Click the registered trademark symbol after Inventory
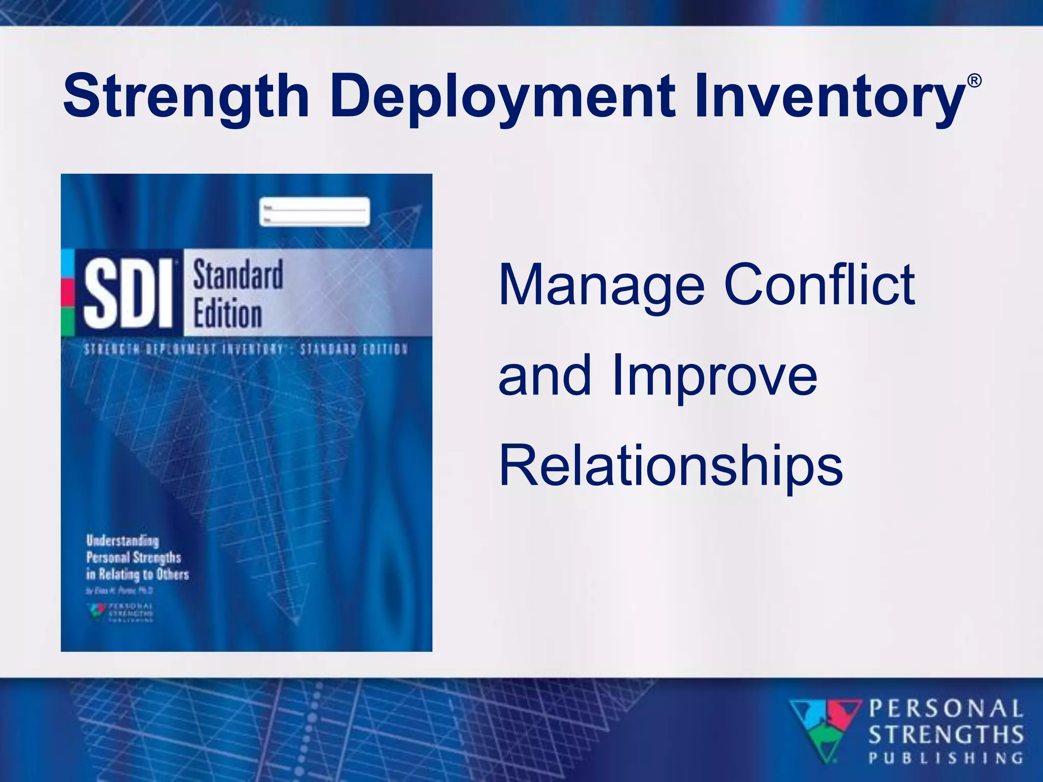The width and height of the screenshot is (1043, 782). click(974, 81)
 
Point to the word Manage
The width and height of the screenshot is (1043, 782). click(601, 286)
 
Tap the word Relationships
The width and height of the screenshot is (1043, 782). click(670, 466)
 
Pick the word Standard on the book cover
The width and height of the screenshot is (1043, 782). click(238, 275)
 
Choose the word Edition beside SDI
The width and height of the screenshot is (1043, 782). click(227, 314)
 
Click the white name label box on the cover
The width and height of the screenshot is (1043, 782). click(314, 212)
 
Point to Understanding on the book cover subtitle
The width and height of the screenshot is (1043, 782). click(122, 541)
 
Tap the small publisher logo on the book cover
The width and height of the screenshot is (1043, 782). click(120, 612)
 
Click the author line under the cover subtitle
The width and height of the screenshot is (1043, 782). click(119, 591)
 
